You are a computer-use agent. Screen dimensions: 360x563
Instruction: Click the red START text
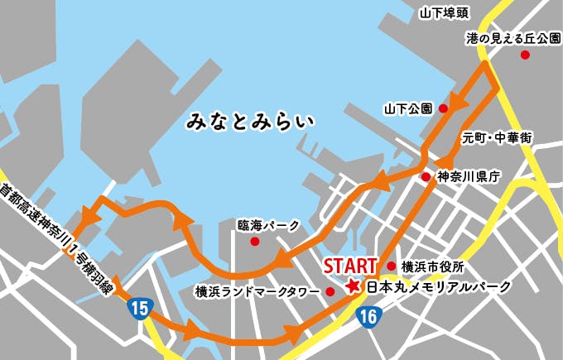350,266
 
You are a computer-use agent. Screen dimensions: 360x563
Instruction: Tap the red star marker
354,286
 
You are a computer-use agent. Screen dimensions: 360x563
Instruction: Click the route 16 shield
368,314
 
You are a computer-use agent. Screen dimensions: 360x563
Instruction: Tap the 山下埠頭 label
445,12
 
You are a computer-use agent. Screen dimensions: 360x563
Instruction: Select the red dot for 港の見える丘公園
524,55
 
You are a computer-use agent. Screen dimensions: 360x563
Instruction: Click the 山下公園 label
408,108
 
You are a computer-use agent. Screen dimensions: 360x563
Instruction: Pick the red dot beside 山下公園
444,108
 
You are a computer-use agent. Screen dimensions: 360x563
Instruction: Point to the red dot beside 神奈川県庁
426,177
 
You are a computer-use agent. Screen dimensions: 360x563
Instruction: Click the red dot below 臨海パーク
255,242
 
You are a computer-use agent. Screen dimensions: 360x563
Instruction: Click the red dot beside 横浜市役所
391,266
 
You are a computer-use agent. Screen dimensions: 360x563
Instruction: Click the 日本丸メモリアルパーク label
439,287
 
